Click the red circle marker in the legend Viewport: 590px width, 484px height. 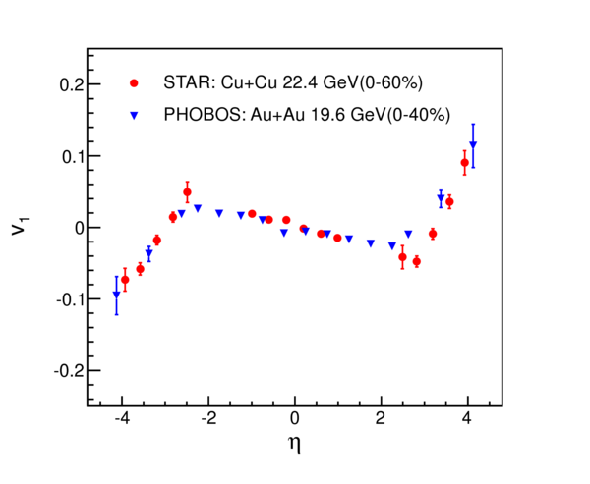pos(134,83)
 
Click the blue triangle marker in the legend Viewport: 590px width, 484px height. pos(134,116)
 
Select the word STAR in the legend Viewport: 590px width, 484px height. pos(189,82)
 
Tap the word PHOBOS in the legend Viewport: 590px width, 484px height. pos(205,115)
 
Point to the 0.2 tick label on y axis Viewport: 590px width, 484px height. pos(72,84)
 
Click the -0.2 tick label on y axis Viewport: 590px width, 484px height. pos(69,371)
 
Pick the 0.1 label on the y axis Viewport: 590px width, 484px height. pos(72,156)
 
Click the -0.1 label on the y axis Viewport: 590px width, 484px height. pos(70,299)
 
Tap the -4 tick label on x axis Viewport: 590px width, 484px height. pos(122,418)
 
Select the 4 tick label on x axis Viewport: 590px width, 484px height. pos(467,418)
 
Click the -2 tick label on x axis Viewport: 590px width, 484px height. pos(208,418)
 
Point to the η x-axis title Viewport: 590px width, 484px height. pos(295,445)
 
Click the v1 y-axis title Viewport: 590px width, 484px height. pos(21,226)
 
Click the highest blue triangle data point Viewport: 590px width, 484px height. pos(473,144)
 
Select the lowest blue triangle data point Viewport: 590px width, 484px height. pos(117,295)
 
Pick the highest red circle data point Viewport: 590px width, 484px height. pos(465,163)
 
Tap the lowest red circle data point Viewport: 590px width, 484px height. pos(125,280)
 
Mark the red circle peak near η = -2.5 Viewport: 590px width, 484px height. pos(187,192)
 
